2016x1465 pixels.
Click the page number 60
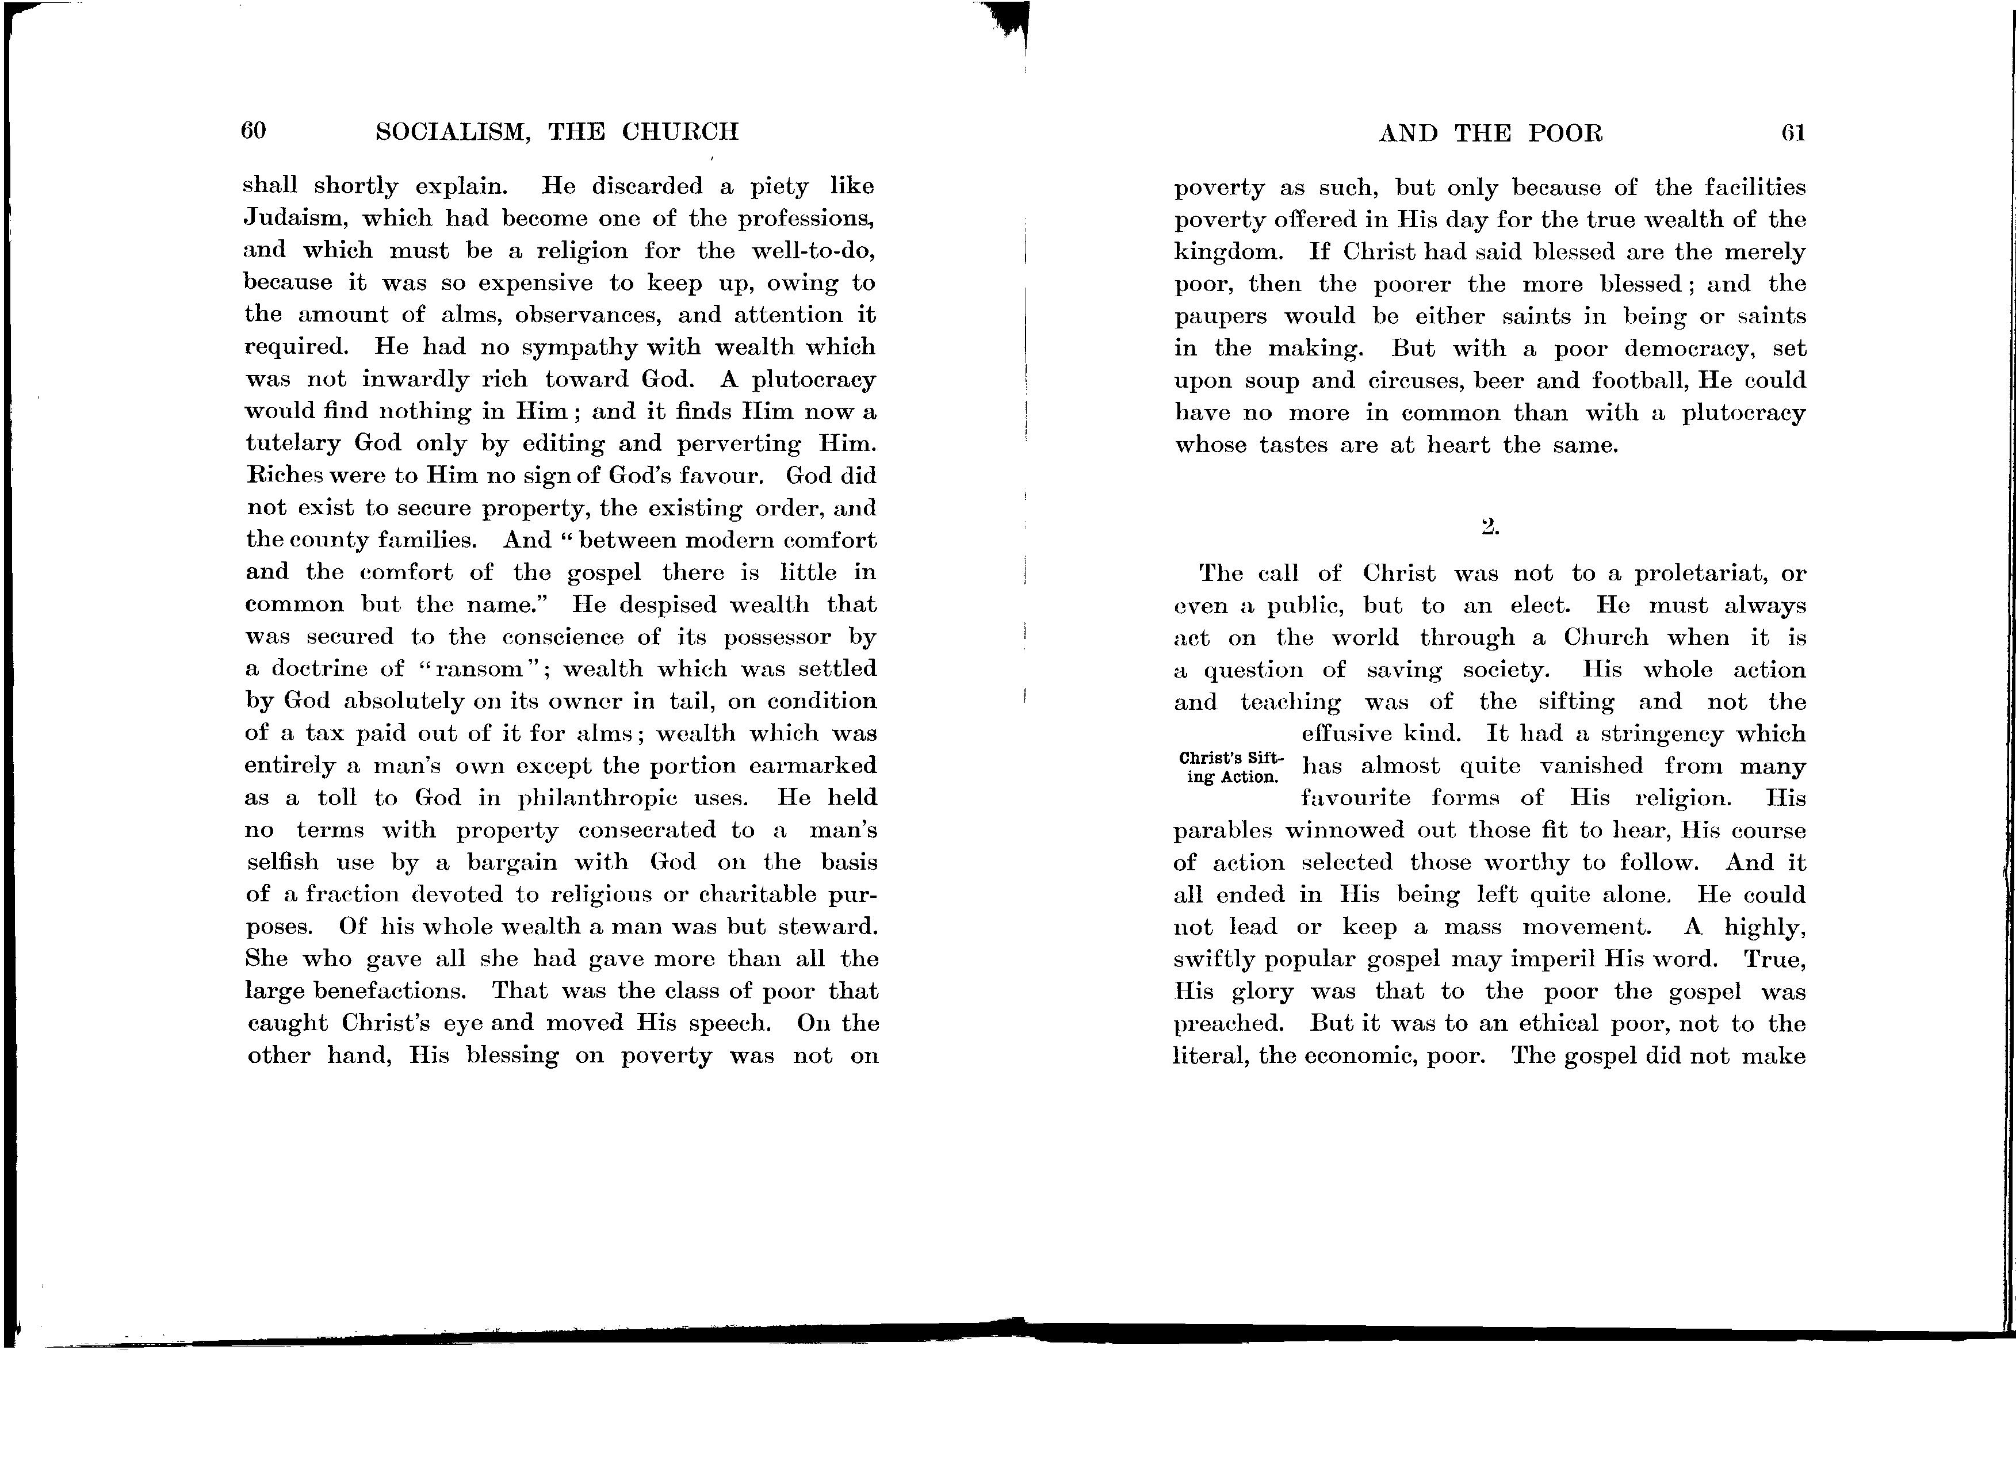pos(253,131)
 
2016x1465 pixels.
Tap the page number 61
pos(1793,133)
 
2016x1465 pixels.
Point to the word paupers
pos(1219,316)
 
